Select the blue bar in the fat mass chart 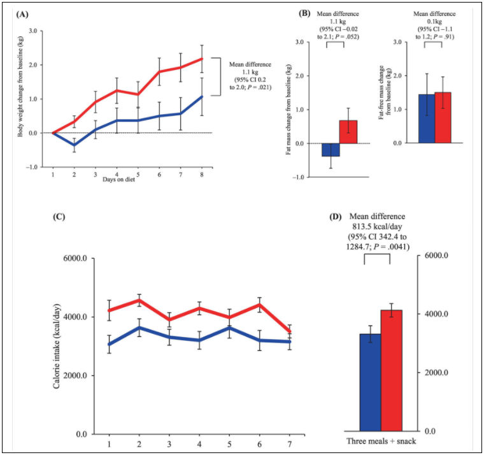click(330, 150)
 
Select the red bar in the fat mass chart click(348, 132)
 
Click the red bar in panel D click(392, 370)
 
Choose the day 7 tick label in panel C click(290, 443)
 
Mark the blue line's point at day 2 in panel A click(73, 145)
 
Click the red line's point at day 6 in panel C click(259, 305)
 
